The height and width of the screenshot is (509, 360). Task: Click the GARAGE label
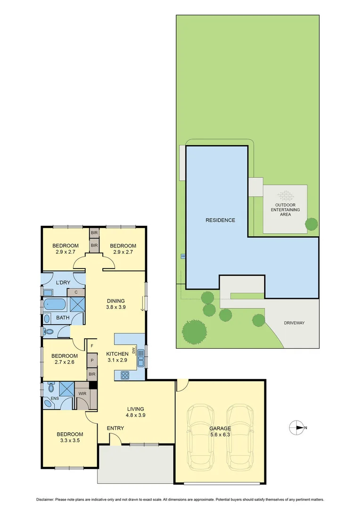220,428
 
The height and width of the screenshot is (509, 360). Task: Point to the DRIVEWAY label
295,323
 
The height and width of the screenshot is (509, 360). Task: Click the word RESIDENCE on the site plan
220,220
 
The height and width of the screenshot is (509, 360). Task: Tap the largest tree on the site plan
194,331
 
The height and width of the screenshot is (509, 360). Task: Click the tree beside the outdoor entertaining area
311,224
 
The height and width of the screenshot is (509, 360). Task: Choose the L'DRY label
63,282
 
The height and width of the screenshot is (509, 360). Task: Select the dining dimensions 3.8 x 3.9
115,307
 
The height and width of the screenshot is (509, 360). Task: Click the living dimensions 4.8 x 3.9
135,416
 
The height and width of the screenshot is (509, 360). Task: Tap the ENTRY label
115,428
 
